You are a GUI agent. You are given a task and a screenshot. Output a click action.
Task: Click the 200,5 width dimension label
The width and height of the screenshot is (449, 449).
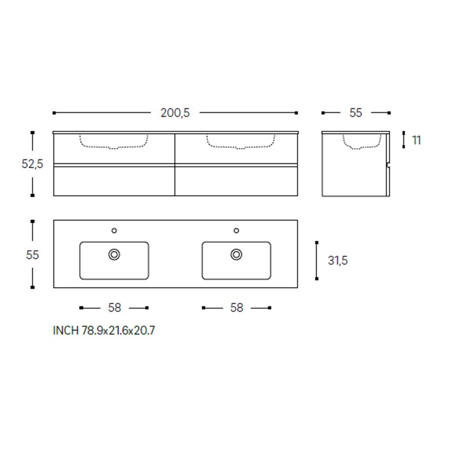(175, 113)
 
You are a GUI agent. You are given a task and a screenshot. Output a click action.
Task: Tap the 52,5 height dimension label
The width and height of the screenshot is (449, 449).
(33, 164)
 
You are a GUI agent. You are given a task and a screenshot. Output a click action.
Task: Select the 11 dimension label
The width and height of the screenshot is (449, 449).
(416, 140)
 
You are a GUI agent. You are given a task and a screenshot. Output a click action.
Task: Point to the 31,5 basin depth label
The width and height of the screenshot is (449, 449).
(338, 260)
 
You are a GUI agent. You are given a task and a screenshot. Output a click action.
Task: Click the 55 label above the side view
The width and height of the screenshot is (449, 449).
(356, 113)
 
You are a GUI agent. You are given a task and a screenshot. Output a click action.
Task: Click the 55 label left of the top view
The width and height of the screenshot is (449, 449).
(33, 255)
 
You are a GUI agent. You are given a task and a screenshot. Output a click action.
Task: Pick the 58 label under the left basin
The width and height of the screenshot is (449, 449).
(114, 308)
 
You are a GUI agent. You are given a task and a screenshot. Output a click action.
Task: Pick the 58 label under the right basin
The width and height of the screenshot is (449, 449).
(236, 308)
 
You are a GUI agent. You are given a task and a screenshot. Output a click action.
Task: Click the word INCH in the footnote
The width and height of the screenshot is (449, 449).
(66, 331)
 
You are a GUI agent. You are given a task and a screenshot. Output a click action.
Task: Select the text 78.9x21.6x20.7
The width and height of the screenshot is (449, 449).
(118, 331)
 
